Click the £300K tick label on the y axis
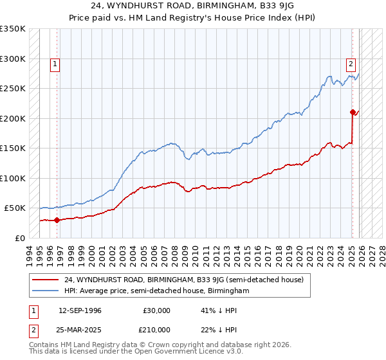[13, 59]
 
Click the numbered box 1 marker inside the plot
[56, 64]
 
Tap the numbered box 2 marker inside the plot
[351, 64]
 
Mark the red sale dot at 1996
[57, 220]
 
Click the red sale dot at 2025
[353, 112]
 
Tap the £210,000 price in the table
[156, 329]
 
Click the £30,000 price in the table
[156, 310]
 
